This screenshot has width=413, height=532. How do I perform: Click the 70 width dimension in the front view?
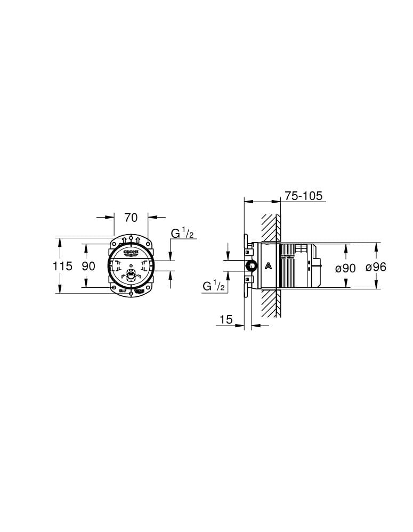tap(131, 217)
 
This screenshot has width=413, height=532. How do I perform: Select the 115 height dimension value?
tap(62, 266)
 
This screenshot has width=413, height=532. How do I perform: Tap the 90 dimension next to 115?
tap(88, 266)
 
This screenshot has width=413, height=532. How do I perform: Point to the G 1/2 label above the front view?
tap(182, 233)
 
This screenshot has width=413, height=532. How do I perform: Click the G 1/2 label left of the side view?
tap(214, 286)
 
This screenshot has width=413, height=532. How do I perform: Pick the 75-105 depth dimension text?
tap(303, 196)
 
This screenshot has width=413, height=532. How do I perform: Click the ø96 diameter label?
tap(376, 267)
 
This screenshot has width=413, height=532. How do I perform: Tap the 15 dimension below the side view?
tap(226, 319)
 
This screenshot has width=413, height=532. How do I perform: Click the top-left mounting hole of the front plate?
tap(114, 243)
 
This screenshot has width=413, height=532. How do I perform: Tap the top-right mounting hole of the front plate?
tap(148, 243)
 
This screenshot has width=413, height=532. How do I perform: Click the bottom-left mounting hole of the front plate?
tap(114, 288)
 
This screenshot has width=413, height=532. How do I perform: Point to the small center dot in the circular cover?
tap(131, 265)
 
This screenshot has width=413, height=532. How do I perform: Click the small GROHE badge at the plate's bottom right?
tap(140, 291)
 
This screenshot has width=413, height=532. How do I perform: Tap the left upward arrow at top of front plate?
tap(124, 240)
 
